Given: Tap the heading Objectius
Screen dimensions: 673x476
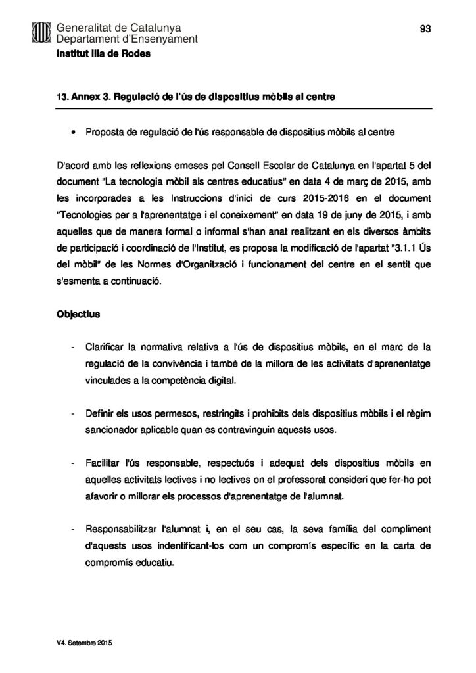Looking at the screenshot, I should pyautogui.click(x=78, y=314).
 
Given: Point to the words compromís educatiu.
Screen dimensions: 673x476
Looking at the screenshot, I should pyautogui.click(x=129, y=562).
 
